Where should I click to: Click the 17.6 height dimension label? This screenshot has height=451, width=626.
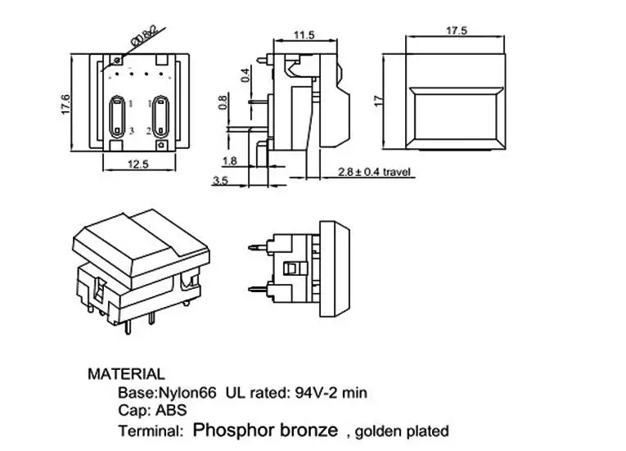(66, 105)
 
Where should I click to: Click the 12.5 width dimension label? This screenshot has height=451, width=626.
(137, 165)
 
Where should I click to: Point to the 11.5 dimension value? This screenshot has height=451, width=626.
(304, 35)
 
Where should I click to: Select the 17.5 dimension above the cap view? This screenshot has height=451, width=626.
(457, 31)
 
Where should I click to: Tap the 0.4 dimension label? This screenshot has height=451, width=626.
(245, 75)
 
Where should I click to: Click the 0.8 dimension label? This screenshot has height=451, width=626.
(223, 102)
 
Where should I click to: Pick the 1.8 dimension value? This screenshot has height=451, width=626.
(230, 161)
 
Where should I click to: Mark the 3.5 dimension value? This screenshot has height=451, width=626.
(220, 181)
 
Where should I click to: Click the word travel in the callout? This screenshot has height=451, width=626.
(396, 172)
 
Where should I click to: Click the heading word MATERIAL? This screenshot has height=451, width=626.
(126, 374)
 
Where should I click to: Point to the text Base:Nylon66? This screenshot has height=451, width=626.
(167, 393)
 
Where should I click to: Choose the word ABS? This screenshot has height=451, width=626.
(171, 410)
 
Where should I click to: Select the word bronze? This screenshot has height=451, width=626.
(308, 431)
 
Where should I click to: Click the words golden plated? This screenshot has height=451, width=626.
(402, 432)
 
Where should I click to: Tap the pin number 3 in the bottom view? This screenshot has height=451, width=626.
(132, 131)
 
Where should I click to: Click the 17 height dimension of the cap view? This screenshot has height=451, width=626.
(379, 101)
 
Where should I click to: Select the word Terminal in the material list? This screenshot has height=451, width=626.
(151, 431)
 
